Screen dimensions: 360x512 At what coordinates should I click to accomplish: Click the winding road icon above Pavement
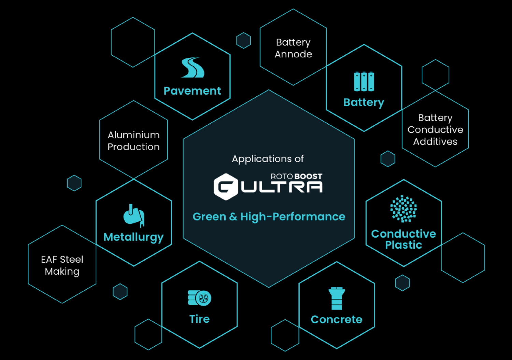coord(193,67)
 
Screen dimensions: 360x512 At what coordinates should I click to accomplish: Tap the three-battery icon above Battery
coord(364,82)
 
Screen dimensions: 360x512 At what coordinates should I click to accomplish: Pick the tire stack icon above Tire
coord(200,298)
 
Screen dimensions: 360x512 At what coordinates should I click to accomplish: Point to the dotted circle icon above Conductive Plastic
coord(403,209)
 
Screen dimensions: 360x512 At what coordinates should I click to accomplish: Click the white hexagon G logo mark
coord(226,186)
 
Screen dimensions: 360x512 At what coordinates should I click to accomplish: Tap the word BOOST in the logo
coord(308,176)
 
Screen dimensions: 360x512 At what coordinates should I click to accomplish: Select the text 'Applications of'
coord(268,159)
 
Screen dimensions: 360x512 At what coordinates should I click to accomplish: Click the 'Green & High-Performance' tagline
coord(269,217)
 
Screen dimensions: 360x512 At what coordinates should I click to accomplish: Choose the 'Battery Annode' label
coord(293,48)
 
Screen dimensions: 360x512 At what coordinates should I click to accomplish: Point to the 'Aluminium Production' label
coord(133,141)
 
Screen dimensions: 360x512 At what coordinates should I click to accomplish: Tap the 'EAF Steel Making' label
coord(62,265)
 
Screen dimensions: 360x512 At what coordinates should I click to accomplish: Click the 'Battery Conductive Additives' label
coord(435,129)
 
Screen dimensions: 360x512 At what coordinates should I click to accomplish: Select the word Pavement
coord(192,91)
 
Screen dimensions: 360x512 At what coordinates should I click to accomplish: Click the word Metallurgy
coord(133,237)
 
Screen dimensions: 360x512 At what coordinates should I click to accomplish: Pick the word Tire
coord(200,319)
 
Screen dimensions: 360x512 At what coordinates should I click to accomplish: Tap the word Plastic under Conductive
coord(403,245)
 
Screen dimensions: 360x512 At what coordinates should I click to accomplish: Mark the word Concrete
coord(337,319)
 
